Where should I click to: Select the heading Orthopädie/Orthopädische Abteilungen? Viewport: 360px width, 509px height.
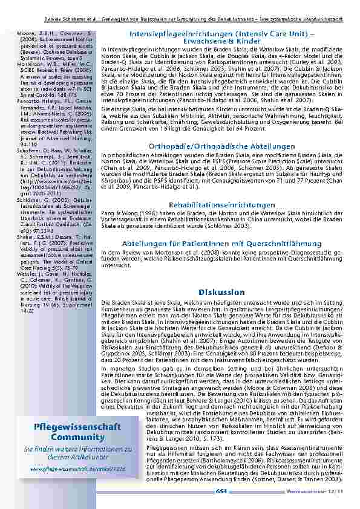221,146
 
